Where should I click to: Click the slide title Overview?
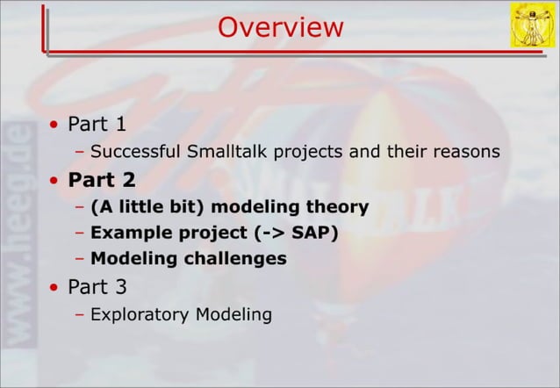[x=280, y=27]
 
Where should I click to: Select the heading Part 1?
[x=97, y=124]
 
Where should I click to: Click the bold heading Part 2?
[x=102, y=180]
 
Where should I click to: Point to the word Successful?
[x=136, y=151]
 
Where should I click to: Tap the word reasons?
[x=466, y=151]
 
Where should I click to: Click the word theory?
[x=336, y=207]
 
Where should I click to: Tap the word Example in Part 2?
[x=126, y=233]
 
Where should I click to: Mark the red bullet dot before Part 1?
[x=54, y=125]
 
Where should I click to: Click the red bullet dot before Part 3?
[x=54, y=286]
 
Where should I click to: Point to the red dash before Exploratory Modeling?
[x=80, y=313]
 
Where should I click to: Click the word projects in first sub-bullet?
[x=307, y=152]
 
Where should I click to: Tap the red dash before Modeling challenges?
[x=80, y=259]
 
